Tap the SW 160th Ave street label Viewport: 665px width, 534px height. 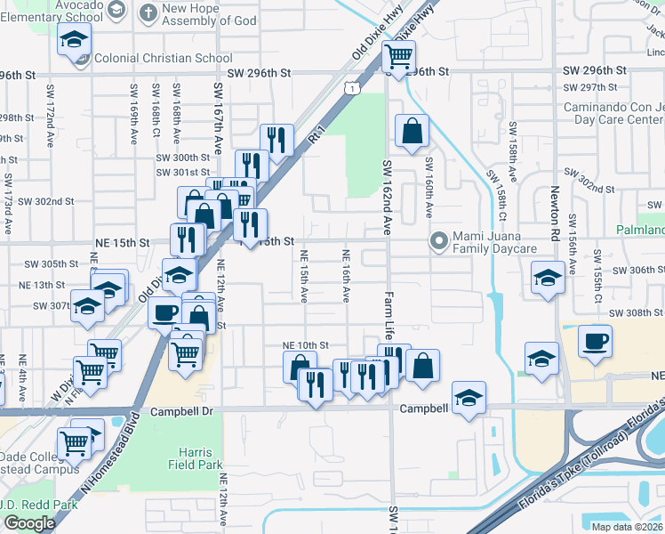click(429, 188)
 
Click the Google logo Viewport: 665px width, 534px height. click(29, 523)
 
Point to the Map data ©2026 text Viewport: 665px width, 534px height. click(628, 527)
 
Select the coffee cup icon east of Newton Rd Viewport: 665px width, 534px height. click(595, 340)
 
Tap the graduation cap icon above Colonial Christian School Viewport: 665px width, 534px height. click(75, 38)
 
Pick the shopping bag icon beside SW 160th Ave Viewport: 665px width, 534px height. click(413, 131)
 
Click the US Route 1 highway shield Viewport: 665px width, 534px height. click(353, 88)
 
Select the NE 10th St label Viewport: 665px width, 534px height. click(306, 344)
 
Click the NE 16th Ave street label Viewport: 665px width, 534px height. click(346, 275)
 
